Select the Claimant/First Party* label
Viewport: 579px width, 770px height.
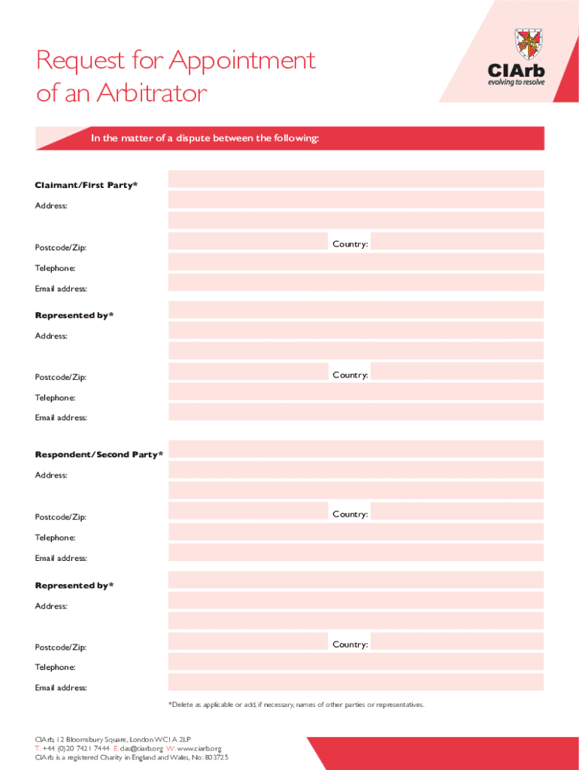(86, 185)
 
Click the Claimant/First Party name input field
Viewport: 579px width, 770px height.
(356, 179)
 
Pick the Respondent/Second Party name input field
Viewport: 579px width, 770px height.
(356, 449)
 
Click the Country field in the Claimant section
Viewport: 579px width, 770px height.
(457, 241)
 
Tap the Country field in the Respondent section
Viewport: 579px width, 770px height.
(457, 512)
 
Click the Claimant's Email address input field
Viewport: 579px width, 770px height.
(356, 283)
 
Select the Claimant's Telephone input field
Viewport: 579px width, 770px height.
(356, 262)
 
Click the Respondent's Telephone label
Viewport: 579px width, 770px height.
(55, 538)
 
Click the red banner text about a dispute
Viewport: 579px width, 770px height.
(205, 138)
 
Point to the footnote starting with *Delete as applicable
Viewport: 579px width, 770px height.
(296, 705)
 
